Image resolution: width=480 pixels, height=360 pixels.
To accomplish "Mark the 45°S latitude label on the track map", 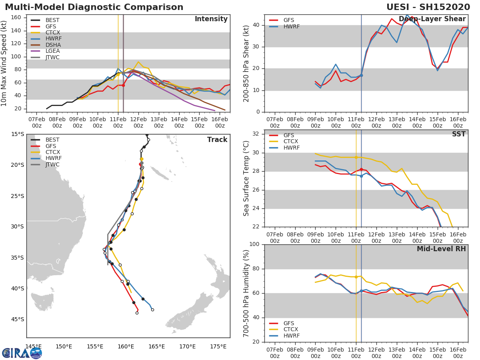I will (17, 319).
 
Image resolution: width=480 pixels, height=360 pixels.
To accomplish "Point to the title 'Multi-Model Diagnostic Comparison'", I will (94, 7).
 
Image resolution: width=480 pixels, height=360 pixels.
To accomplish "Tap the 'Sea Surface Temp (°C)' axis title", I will (246, 178).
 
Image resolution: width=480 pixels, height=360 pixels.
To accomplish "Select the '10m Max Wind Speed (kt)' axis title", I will (4, 63).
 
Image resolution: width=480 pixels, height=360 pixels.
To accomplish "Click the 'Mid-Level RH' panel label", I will (441, 249).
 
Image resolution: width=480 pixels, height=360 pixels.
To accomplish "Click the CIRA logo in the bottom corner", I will (22, 353).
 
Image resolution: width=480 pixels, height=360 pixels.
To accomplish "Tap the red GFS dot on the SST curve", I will (361, 170).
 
